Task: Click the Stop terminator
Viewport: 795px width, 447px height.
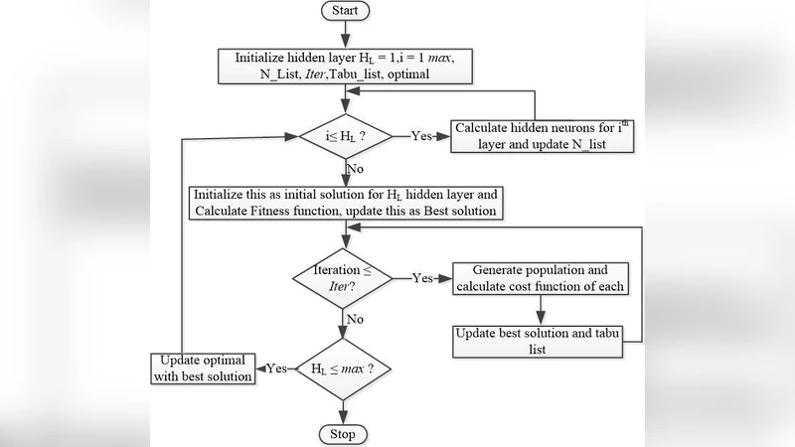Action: click(343, 434)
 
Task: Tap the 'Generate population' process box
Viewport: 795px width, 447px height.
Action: click(540, 279)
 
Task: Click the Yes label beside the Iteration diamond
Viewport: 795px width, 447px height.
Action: click(423, 279)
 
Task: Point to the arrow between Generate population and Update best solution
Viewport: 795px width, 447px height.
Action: click(540, 311)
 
